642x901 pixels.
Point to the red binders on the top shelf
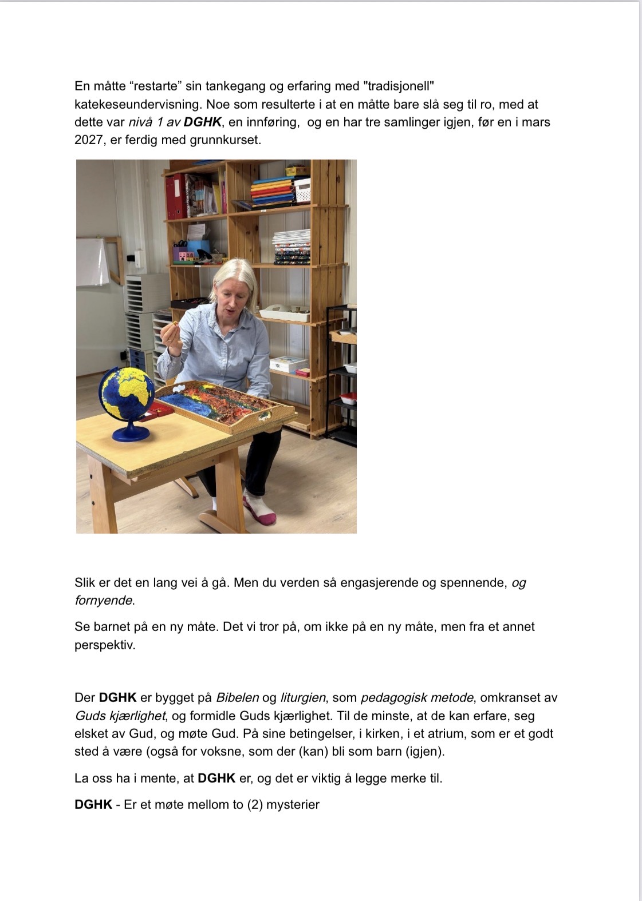[175, 196]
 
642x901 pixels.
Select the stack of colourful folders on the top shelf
[273, 192]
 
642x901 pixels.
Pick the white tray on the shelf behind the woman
[285, 313]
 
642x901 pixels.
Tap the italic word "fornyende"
[104, 601]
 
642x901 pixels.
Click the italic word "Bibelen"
[237, 697]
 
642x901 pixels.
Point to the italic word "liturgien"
[303, 697]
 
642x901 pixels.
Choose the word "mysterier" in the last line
[293, 804]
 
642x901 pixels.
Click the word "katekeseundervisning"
[137, 104]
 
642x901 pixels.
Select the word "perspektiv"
[105, 645]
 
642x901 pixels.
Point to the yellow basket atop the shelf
[296, 170]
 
